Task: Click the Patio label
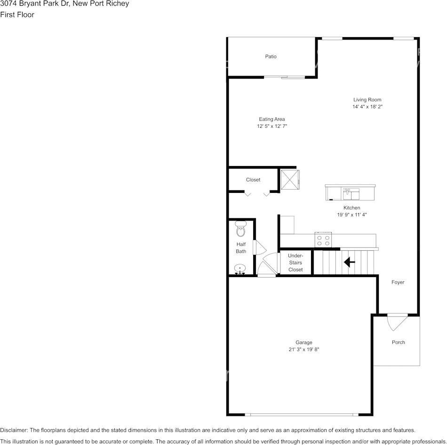click(x=271, y=56)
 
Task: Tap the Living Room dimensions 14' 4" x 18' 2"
click(x=367, y=107)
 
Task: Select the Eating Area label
click(x=272, y=119)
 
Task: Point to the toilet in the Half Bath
click(x=241, y=230)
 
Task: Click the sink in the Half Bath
click(x=240, y=269)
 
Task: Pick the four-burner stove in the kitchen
click(x=323, y=240)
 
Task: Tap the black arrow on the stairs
click(x=349, y=262)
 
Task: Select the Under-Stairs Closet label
click(x=295, y=262)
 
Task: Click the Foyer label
click(x=398, y=282)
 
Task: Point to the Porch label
click(x=399, y=342)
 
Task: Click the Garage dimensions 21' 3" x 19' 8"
click(x=304, y=350)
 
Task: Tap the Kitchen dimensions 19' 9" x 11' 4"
click(x=351, y=215)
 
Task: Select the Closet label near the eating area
click(x=253, y=180)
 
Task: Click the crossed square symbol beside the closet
click(x=290, y=180)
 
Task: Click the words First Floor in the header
click(x=17, y=15)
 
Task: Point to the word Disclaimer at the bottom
click(x=14, y=430)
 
